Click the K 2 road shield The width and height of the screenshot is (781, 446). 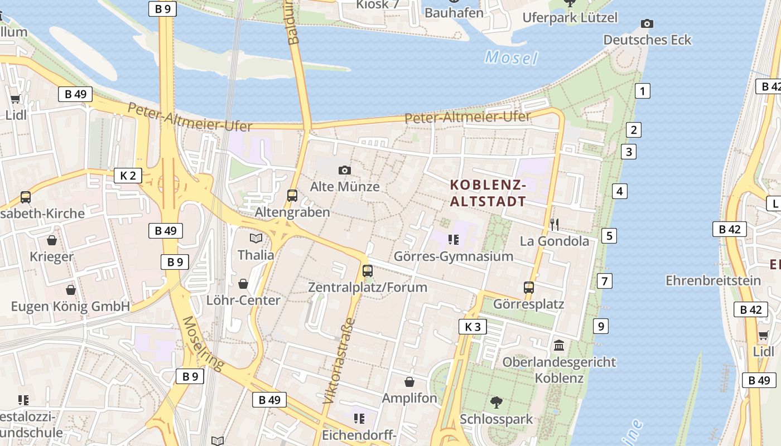pos(128,176)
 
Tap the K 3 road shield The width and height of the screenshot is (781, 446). pos(473,327)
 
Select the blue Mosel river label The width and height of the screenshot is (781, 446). pos(511,57)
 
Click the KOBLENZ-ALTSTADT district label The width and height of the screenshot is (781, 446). pos(488,193)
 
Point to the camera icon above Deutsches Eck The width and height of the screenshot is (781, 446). pos(647,23)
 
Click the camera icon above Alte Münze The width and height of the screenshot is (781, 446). pos(345,170)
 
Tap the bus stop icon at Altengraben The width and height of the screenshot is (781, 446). pos(292,196)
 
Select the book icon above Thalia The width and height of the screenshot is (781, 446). pos(256,239)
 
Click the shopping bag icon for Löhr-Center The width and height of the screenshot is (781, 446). pos(243,284)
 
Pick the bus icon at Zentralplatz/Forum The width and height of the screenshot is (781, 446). pos(367,271)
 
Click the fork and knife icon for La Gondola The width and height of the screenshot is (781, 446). pos(555,225)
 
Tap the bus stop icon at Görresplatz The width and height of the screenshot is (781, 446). pos(529,288)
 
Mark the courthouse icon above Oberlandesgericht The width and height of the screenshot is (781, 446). pos(559,346)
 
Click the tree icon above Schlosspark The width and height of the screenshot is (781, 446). pos(496,402)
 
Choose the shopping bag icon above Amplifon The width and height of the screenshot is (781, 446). pos(409,382)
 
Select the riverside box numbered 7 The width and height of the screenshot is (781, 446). pos(604,281)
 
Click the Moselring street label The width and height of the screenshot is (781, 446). pos(203,343)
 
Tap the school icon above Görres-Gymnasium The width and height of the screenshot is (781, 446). pos(453,240)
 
